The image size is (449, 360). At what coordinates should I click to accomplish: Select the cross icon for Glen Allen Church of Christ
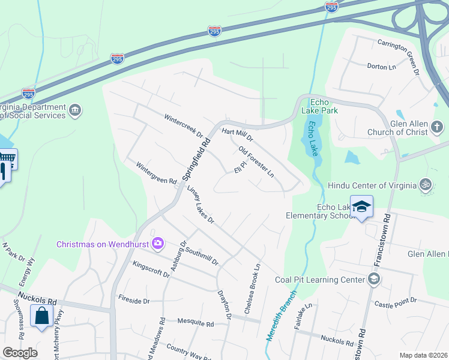coord(436,127)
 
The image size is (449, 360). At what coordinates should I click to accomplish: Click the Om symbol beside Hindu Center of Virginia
coord(426,185)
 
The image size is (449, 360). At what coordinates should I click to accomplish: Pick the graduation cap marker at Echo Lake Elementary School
coord(361,207)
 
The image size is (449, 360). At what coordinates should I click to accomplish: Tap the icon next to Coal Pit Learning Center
coord(374,279)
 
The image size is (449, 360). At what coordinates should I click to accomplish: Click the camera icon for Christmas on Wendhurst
coord(158,244)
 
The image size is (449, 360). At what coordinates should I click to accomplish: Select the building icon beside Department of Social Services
coord(76,110)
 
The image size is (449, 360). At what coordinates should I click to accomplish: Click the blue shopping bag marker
coord(41,316)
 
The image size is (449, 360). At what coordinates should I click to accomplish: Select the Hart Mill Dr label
coord(238,134)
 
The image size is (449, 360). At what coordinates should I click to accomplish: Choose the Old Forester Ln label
coord(256,161)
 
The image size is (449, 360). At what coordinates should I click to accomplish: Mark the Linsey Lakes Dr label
coord(200,205)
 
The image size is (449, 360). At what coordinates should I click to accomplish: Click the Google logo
coord(20,353)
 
